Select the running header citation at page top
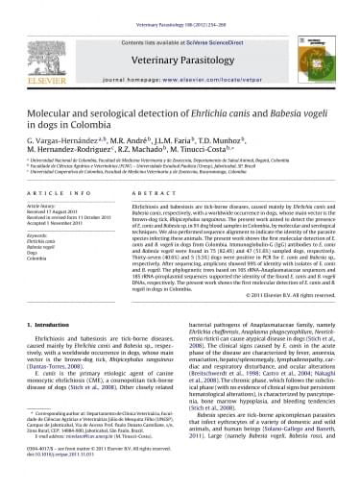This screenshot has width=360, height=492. click(x=180, y=5)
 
